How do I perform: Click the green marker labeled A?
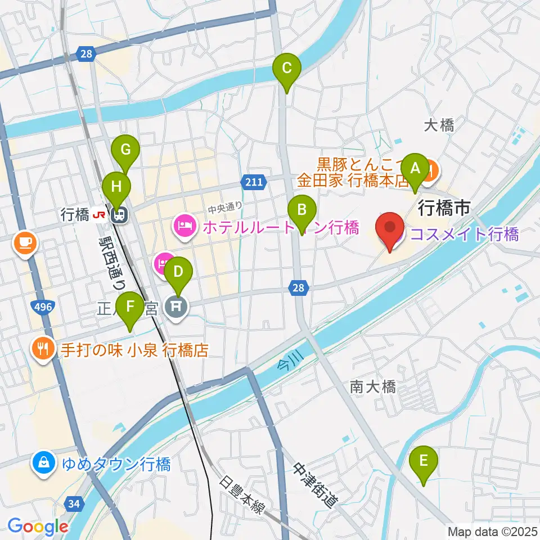point(416,168)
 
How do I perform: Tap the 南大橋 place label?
point(372,387)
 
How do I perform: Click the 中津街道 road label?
point(315,485)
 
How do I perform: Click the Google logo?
point(38,526)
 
